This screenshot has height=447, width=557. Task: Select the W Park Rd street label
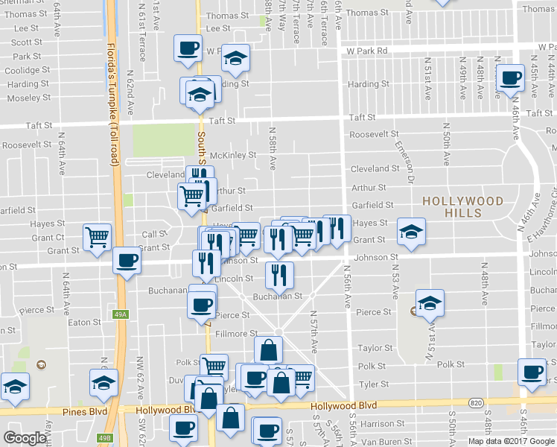pyautogui.click(x=367, y=51)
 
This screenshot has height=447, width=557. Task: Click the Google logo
pyautogui.click(x=25, y=438)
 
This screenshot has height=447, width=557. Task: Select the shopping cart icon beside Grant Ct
pyautogui.click(x=98, y=237)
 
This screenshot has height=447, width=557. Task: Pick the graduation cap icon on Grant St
pyautogui.click(x=410, y=231)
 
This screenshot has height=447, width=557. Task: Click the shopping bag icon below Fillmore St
pyautogui.click(x=268, y=349)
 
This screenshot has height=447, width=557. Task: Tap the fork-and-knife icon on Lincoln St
pyautogui.click(x=280, y=275)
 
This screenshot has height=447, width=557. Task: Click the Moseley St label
pyautogui.click(x=29, y=98)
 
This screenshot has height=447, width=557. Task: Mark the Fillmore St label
pyautogui.click(x=237, y=334)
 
